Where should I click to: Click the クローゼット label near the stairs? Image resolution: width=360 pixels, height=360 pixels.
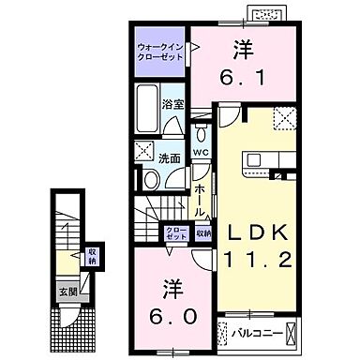tap(175, 232)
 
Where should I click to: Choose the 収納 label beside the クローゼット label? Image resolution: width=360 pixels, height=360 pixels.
tap(202, 232)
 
